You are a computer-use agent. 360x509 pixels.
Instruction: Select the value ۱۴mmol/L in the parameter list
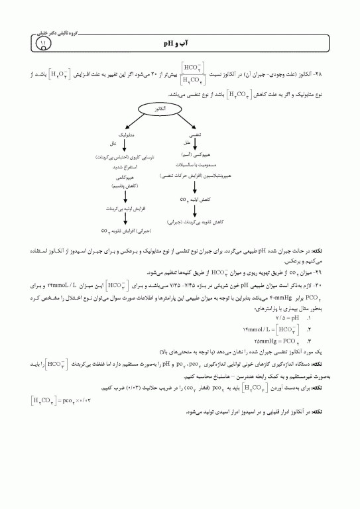tap(296, 330)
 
